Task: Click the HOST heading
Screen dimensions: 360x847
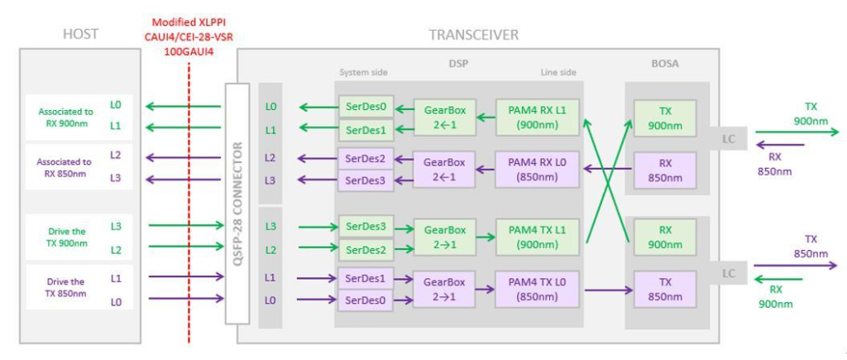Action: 80,34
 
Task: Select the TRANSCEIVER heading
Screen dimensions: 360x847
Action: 474,35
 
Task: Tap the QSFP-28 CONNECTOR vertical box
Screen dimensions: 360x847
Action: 237,204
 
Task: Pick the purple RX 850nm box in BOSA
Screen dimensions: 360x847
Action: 665,170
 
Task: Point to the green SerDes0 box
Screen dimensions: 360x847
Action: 366,107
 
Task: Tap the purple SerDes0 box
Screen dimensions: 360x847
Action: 366,301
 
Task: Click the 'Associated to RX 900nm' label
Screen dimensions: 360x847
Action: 65,118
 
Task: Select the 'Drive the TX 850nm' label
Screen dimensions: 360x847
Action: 65,287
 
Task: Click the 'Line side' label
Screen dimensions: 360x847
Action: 558,72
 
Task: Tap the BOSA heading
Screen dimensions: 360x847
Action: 665,64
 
